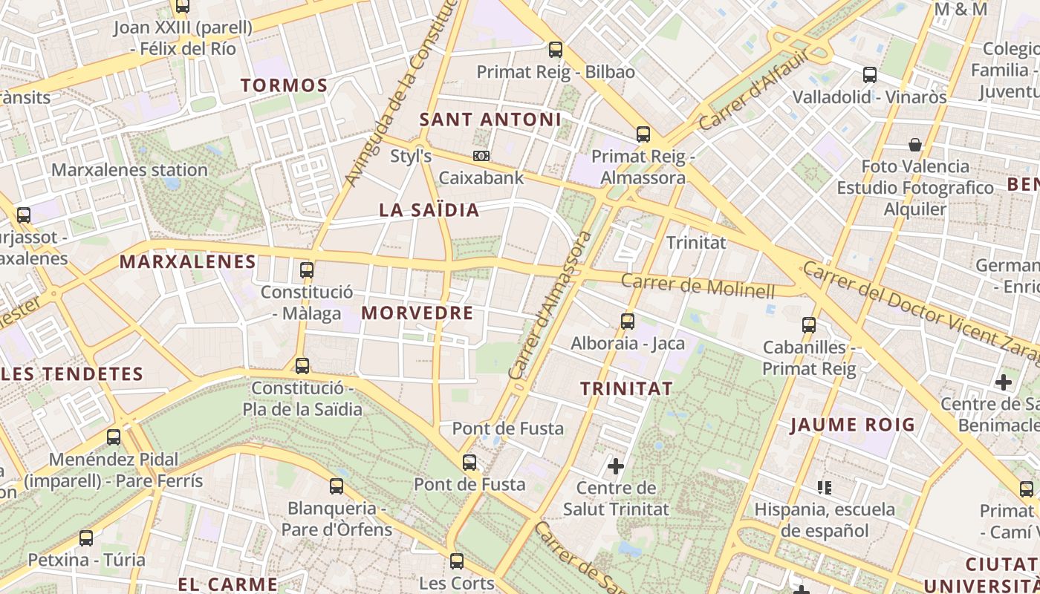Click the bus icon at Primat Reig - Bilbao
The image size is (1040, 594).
555,50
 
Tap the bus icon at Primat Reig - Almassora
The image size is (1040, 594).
643,134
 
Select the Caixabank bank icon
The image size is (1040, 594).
481,156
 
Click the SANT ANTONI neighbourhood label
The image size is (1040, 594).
490,120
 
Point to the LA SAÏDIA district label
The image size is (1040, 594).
429,210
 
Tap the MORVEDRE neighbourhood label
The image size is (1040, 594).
417,313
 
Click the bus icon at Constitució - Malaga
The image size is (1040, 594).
306,270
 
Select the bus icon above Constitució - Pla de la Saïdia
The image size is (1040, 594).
302,365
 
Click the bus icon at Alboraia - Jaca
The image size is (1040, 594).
628,322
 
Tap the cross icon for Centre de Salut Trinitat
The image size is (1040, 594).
616,466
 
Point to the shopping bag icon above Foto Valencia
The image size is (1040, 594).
914,144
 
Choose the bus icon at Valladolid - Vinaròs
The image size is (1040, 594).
869,75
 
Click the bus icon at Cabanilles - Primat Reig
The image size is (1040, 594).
809,324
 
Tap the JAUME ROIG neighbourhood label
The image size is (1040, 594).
852,425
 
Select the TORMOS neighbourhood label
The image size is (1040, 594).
285,85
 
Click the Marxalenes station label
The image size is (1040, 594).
129,170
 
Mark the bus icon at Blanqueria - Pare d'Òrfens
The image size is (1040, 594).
337,486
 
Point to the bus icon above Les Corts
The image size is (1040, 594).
457,561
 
